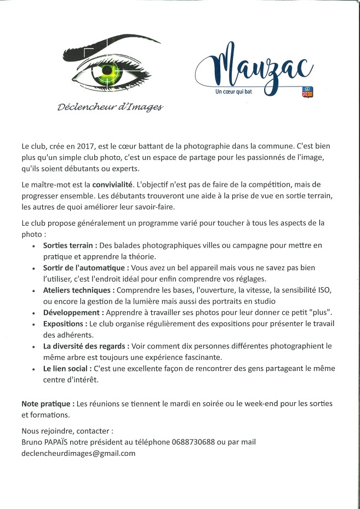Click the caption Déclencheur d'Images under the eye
coord(110,106)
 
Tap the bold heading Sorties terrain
coord(70,245)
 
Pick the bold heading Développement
coord(73,312)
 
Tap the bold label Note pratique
coord(48,403)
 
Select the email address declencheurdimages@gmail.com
coord(78,453)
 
